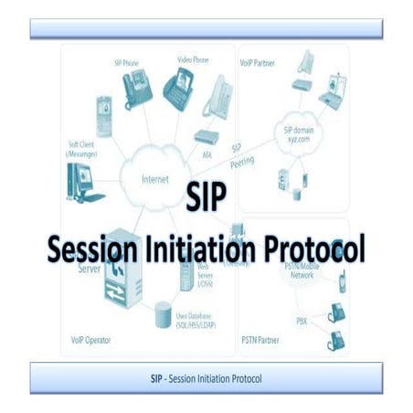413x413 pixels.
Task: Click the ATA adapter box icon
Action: click(205, 138)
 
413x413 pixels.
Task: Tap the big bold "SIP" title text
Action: click(207, 200)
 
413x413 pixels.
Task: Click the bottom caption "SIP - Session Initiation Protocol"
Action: click(206, 378)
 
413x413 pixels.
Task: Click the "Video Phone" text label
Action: click(194, 59)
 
